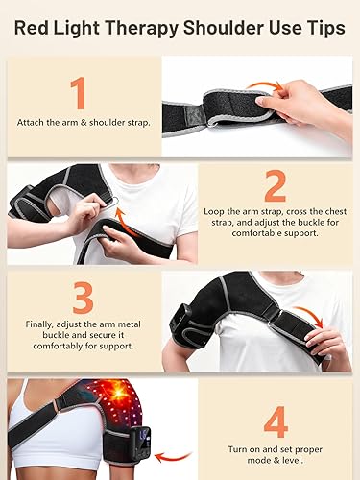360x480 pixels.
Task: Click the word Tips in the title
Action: (x=323, y=29)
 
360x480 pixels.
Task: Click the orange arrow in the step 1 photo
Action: (x=264, y=86)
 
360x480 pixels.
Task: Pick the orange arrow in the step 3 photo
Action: (x=306, y=316)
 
